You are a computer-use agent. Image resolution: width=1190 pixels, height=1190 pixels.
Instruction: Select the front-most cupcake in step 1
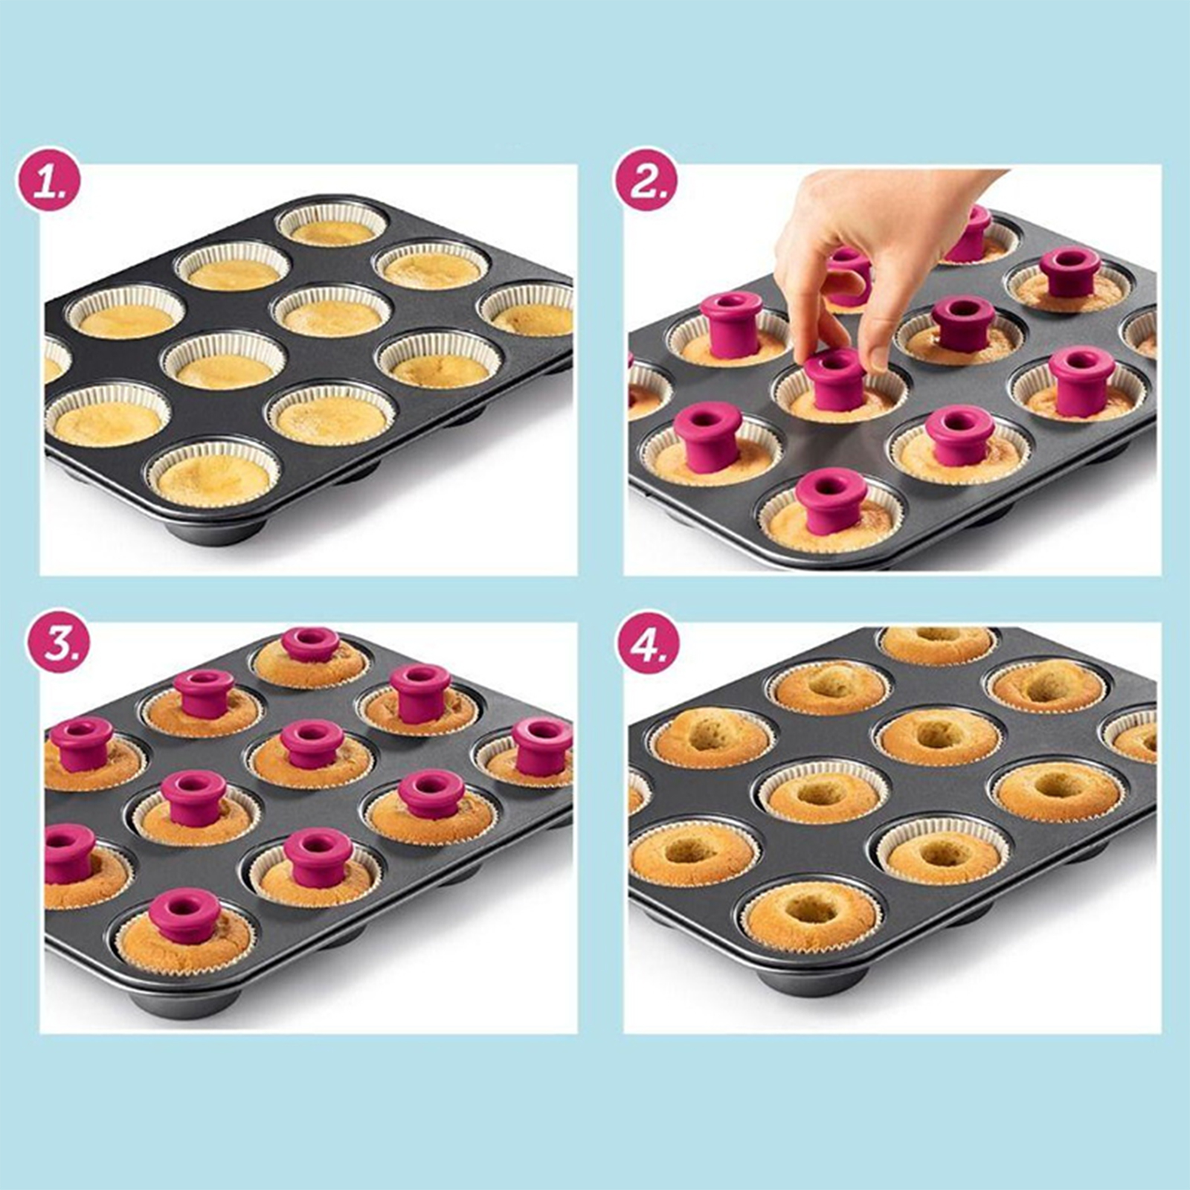coord(213,476)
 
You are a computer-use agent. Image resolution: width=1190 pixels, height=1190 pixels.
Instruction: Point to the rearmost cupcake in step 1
coord(332,226)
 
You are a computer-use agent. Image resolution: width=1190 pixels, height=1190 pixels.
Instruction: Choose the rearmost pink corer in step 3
coord(311,644)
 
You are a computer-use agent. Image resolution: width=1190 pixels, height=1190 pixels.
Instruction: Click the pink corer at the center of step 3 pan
coord(312,744)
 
